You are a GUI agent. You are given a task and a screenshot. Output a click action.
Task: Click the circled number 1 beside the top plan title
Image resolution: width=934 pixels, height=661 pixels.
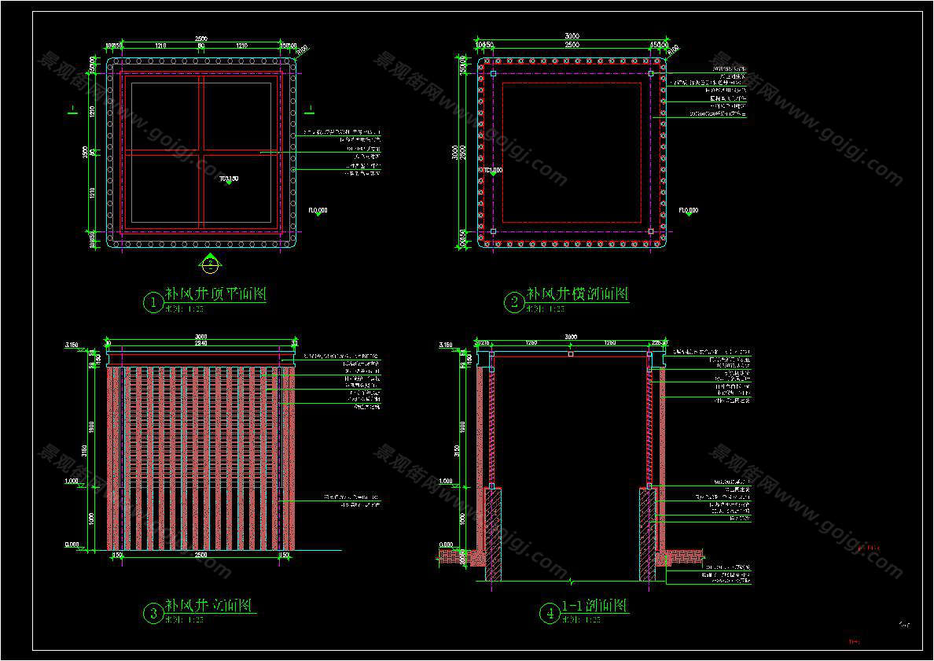(151, 301)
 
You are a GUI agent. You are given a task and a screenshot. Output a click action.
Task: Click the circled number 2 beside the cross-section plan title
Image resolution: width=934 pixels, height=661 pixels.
(513, 302)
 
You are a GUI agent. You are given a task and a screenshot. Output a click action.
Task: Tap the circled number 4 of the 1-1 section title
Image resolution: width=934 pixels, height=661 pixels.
(548, 612)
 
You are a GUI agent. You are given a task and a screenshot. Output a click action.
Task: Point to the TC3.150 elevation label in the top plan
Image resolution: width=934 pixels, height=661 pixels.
(228, 179)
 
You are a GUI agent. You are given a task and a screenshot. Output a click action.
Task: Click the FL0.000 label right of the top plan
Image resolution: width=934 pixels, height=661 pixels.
(318, 210)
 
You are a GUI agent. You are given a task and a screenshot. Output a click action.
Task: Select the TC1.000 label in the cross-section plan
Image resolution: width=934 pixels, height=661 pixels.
(493, 170)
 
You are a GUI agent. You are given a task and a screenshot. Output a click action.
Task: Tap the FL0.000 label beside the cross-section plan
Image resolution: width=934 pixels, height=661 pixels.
(689, 210)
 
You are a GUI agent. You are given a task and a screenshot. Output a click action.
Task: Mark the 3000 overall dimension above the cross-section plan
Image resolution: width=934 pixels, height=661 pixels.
(572, 36)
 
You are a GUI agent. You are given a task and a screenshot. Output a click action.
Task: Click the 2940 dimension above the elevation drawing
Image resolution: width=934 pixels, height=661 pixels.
(201, 343)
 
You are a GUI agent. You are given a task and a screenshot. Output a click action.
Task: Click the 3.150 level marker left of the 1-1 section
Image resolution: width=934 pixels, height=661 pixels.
(446, 345)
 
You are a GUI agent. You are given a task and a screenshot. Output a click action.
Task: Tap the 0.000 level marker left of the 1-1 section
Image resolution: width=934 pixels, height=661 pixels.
(446, 545)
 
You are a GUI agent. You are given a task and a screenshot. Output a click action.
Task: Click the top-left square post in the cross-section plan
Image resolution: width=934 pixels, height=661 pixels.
(493, 74)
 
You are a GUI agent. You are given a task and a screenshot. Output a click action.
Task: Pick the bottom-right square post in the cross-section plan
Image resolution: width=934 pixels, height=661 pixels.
(651, 231)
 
